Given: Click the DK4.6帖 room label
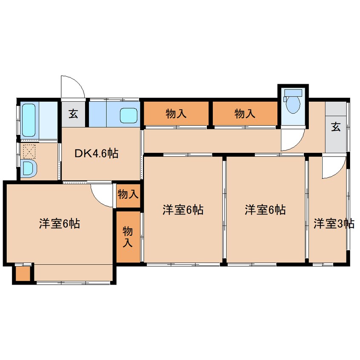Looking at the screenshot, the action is tap(97, 153).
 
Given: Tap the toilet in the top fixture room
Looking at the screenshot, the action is tap(293, 101).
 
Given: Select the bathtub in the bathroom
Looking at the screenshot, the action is tap(29, 120).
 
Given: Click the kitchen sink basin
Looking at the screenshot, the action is tap(129, 115).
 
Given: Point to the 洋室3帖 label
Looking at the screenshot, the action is tap(334, 223).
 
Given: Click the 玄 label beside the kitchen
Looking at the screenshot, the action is tap(74, 114).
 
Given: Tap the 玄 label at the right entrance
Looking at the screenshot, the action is tap(336, 127).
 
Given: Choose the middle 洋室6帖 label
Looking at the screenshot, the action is tap(183, 210).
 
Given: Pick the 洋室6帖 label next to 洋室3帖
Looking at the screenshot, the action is tap(265, 210).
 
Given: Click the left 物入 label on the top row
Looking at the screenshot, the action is tap(176, 114).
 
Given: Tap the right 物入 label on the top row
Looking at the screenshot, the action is tap(245, 114).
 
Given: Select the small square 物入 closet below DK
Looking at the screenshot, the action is tap(128, 195).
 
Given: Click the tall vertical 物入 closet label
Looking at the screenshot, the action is tap(128, 237).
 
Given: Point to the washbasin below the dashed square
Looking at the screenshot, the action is tap(29, 168).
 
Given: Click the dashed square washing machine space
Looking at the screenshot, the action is tap(29, 151).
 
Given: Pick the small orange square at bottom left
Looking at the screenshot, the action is tap(23, 274).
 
